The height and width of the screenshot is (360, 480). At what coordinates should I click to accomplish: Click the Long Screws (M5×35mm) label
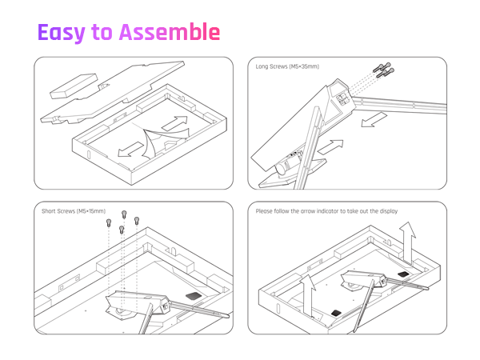286,66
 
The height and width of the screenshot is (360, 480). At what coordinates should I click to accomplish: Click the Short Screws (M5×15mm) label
73,211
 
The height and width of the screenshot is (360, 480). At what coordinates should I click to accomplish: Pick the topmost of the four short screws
124,214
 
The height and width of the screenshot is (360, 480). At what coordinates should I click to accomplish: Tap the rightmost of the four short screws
136,221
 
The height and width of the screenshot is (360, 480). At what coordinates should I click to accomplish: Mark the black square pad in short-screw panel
193,295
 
